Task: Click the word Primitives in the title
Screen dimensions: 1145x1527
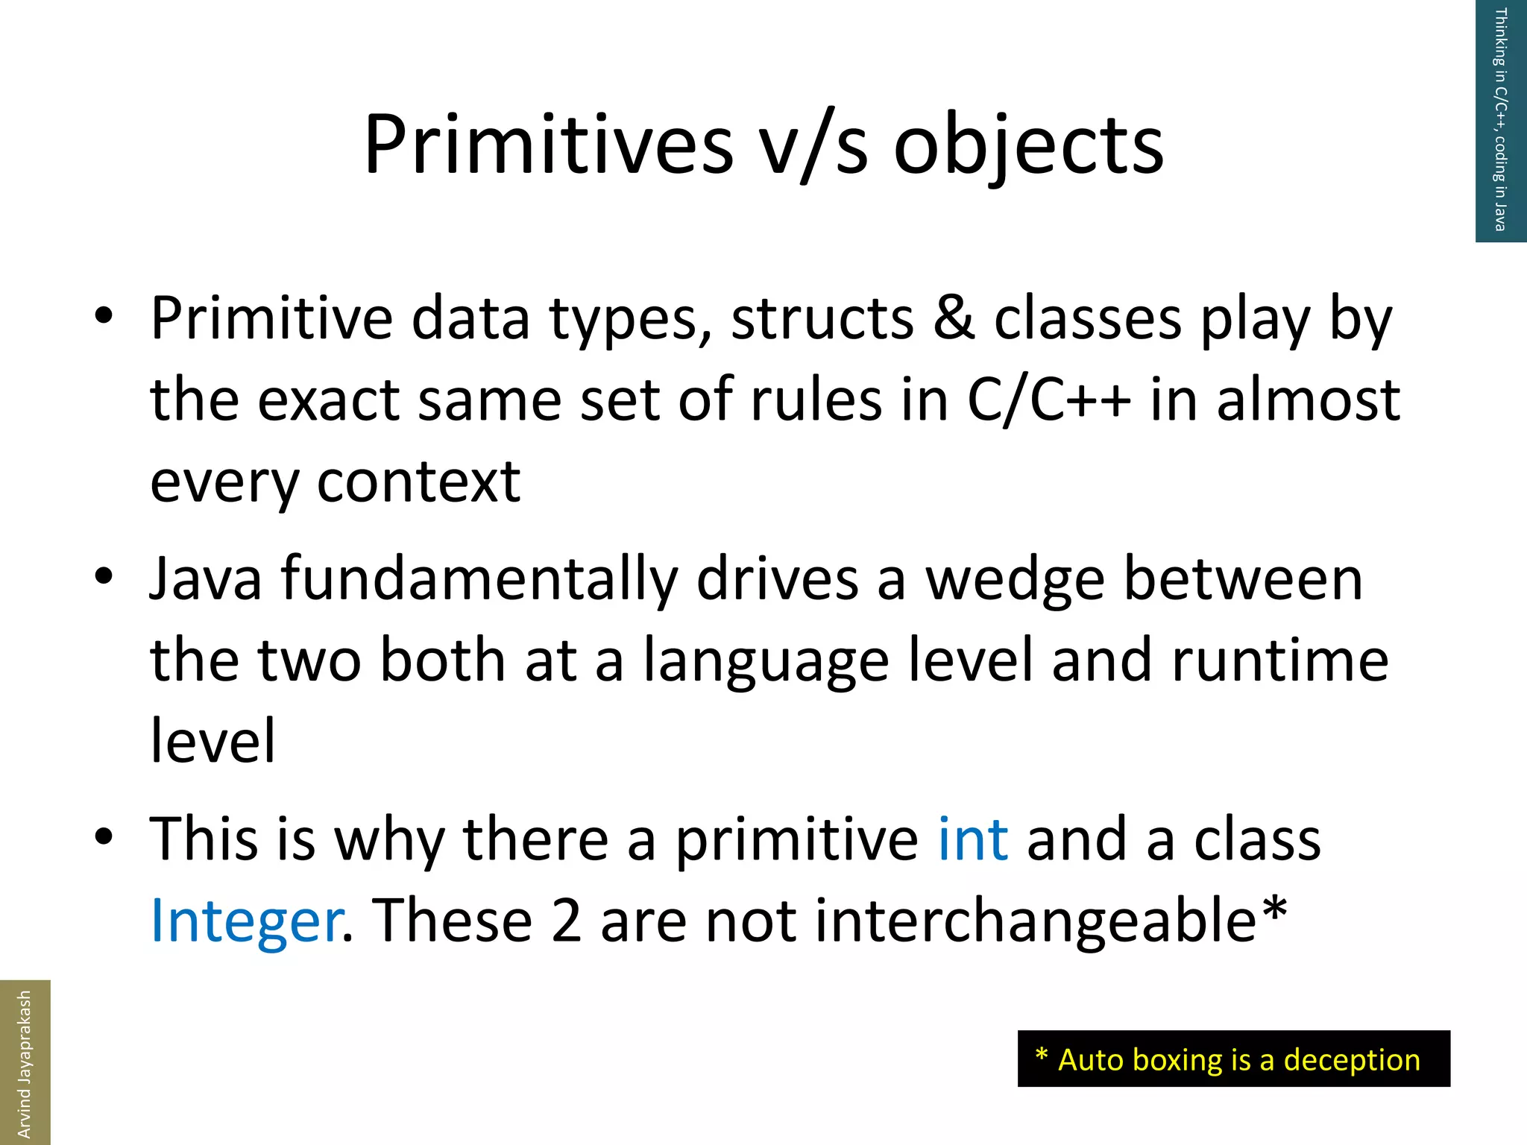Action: coord(548,145)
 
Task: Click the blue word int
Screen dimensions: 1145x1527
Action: coord(972,839)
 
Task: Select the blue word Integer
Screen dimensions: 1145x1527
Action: coord(245,921)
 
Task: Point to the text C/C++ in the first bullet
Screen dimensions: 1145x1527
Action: coord(1048,400)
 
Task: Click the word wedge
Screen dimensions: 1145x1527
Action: coord(1014,580)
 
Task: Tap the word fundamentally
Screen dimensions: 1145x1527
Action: coord(479,580)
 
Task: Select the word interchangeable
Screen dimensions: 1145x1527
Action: coord(1036,921)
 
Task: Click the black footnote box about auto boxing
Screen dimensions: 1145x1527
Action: coord(1233,1059)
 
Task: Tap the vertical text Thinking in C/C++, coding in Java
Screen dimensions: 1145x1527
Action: coord(1500,119)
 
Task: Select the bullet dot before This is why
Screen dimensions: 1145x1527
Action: coord(104,836)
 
